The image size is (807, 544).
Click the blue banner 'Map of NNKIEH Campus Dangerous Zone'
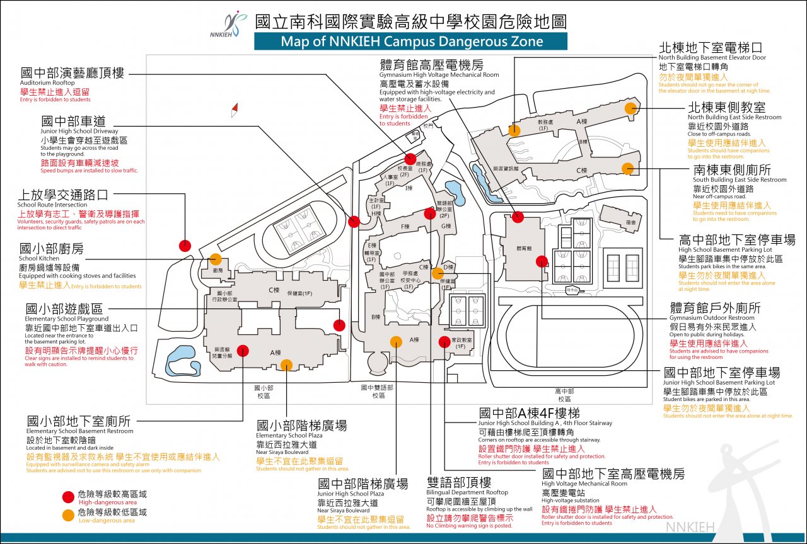pyautogui.click(x=411, y=42)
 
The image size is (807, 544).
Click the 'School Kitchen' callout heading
pyautogui.click(x=51, y=249)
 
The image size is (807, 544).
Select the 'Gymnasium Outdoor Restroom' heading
pyautogui.click(x=715, y=309)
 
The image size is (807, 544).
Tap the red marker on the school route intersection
pyautogui.click(x=185, y=246)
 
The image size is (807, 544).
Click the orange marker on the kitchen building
pyautogui.click(x=216, y=259)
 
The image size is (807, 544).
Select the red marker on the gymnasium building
pyautogui.click(x=518, y=217)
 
